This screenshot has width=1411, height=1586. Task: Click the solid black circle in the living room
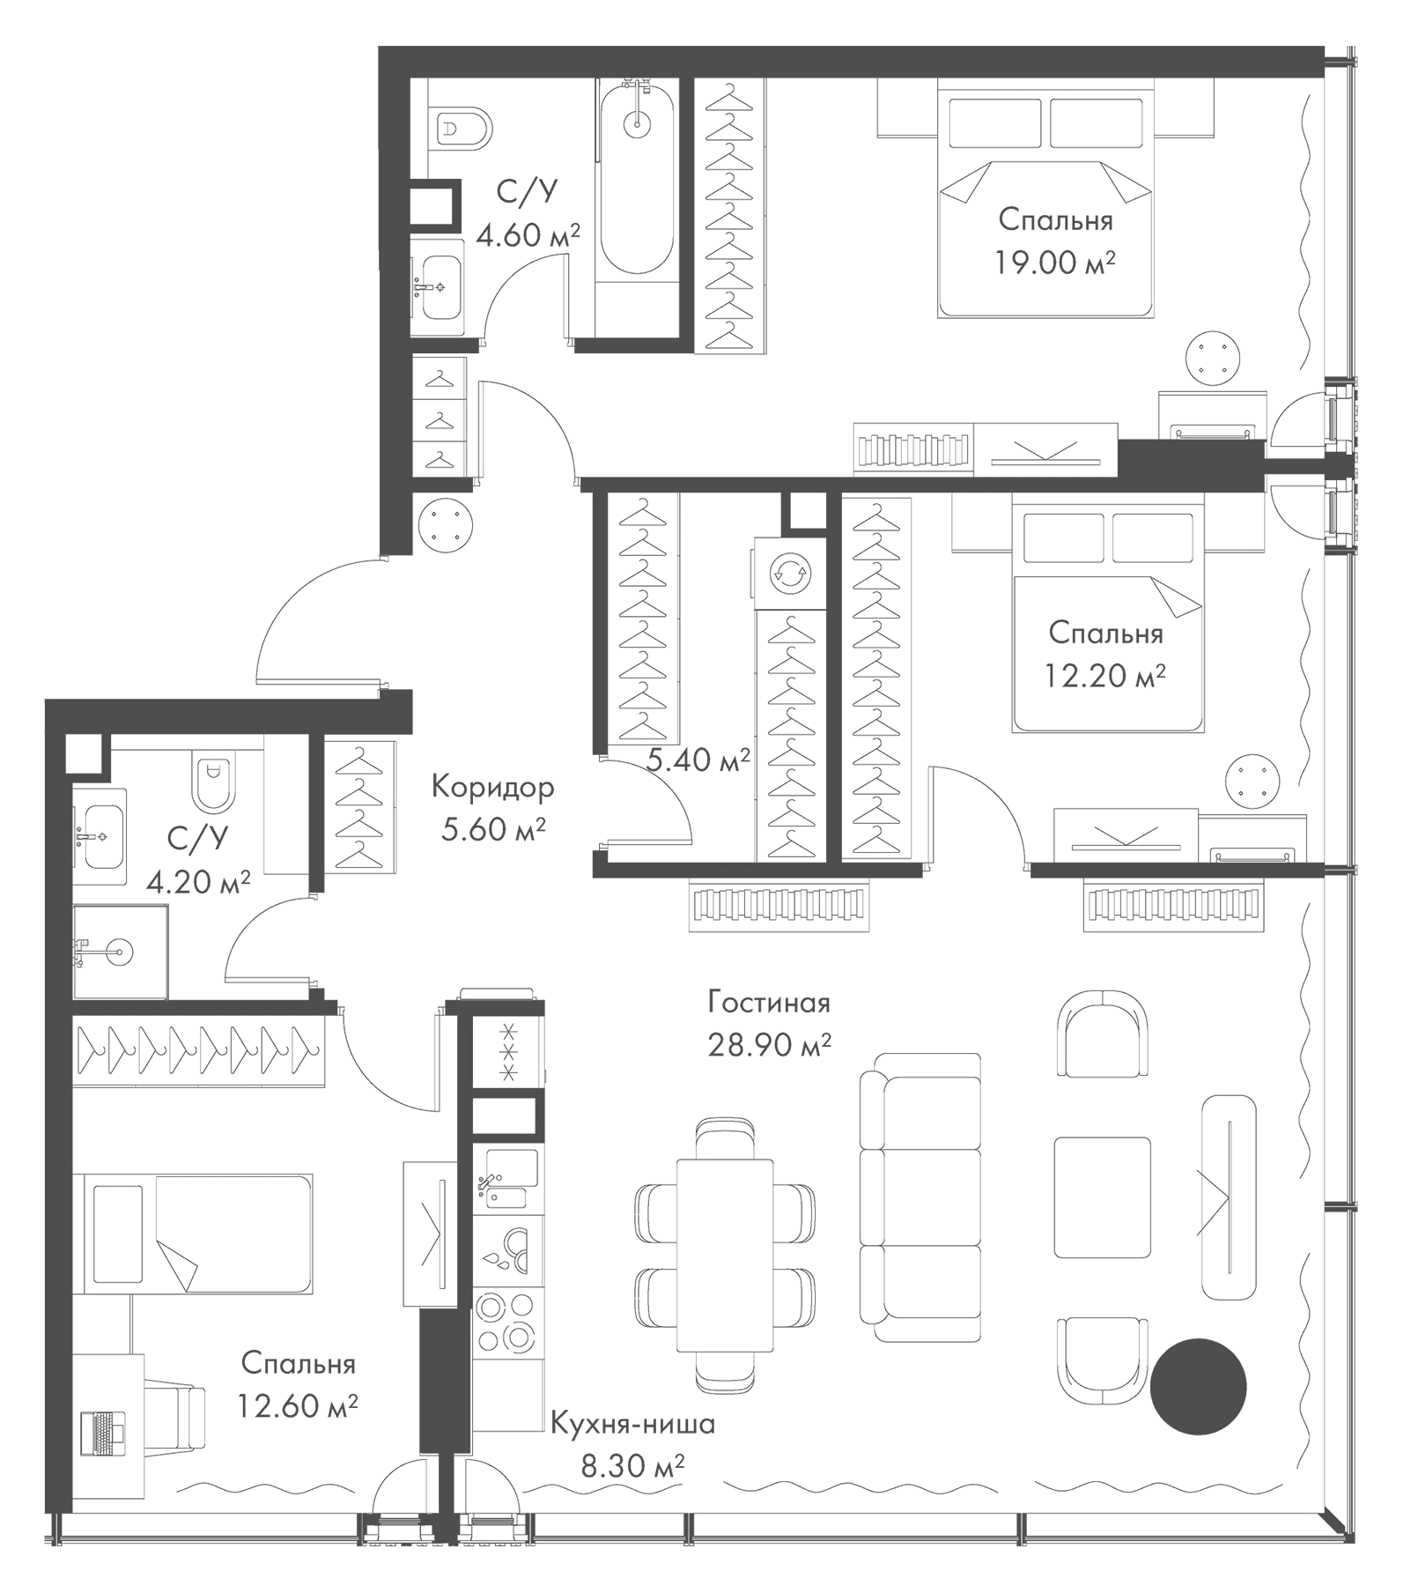tap(1198, 1385)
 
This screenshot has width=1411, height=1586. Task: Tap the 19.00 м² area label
tap(1055, 262)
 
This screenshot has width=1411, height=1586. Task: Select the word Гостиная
tap(769, 1002)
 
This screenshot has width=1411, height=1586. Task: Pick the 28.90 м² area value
tap(769, 1044)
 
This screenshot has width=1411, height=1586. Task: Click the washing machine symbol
tap(790, 573)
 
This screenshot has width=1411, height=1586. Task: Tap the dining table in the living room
tap(725, 1255)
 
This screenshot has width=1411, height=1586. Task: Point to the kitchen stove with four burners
tap(506, 1321)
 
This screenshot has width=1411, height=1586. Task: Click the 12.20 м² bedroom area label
tap(1105, 675)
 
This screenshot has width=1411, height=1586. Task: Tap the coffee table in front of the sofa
tap(1102, 1197)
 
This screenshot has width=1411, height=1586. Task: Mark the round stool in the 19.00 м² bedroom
tap(1214, 358)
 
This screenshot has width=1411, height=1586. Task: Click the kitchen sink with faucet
tap(506, 1179)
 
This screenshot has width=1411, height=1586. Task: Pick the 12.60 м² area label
tap(297, 1404)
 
